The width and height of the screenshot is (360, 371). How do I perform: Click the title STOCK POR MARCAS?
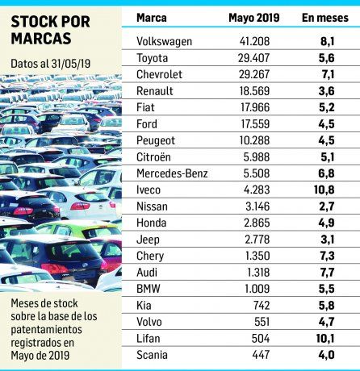click(50, 31)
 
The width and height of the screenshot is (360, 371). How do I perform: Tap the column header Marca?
click(152, 17)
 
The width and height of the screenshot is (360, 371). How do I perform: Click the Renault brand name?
click(155, 91)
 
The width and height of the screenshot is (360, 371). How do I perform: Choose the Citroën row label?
click(155, 156)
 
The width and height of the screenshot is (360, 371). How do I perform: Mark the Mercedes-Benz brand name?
click(172, 173)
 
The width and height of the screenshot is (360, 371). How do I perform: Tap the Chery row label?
click(151, 256)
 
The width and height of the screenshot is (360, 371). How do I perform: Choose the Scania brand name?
click(153, 355)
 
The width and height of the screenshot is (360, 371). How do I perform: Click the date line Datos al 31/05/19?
click(50, 62)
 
